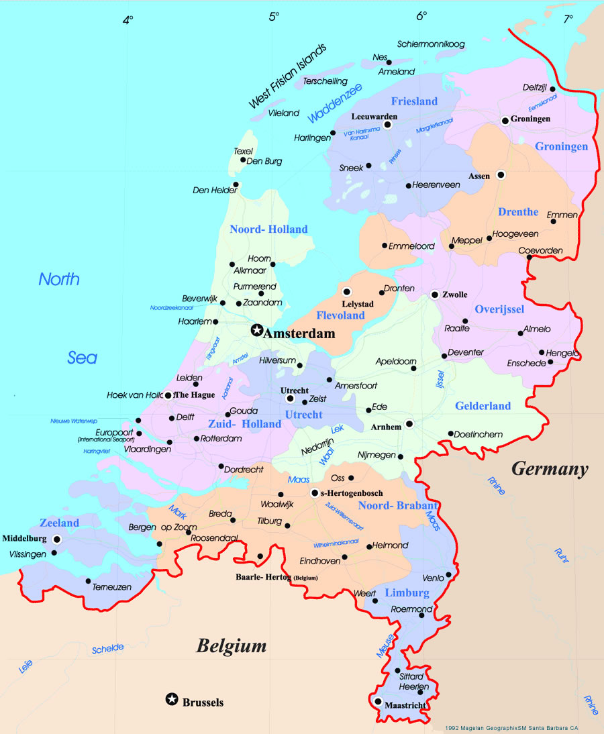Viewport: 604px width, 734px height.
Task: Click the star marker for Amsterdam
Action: (256, 330)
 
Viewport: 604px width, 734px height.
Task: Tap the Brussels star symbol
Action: (172, 700)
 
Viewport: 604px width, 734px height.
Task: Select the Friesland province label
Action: (414, 101)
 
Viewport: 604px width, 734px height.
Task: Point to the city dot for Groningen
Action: (505, 121)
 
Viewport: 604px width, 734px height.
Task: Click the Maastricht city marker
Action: (379, 702)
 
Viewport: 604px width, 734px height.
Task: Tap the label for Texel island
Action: (243, 151)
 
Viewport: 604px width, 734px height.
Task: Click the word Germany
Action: (550, 469)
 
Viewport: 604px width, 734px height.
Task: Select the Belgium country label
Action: (231, 646)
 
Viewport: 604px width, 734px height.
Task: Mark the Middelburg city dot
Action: (57, 539)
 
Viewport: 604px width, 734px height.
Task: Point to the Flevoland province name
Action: (340, 315)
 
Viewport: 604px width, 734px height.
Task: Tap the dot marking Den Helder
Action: (236, 185)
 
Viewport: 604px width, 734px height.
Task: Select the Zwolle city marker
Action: (435, 294)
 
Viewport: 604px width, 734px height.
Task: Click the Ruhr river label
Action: (560, 554)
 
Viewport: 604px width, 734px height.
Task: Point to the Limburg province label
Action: (407, 593)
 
